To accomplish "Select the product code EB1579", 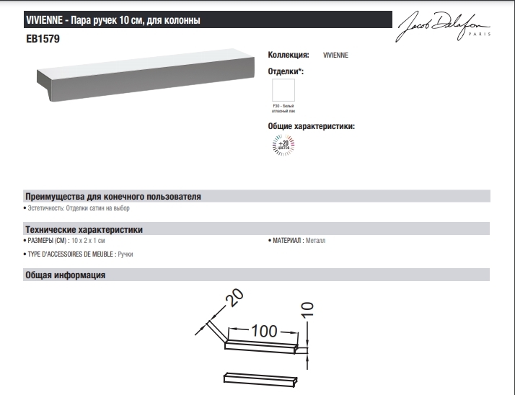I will [x=43, y=40].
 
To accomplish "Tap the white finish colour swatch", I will [x=283, y=90].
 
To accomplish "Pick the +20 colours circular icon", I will [x=283, y=146].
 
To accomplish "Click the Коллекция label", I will [x=289, y=55].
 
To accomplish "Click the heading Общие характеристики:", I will [x=312, y=126].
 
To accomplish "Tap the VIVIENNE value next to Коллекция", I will [x=335, y=55].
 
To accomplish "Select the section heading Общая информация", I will [x=66, y=275].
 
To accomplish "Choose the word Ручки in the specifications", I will [x=125, y=254].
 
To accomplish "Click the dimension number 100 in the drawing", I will [x=264, y=331].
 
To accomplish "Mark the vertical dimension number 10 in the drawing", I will [x=307, y=310].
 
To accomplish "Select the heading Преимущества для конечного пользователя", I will [x=113, y=196].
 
